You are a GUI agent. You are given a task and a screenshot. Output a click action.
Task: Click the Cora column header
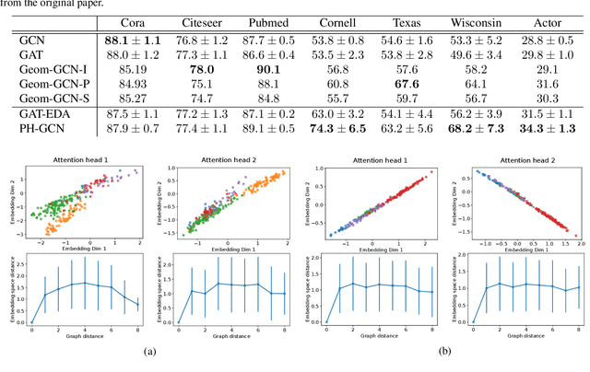(134, 21)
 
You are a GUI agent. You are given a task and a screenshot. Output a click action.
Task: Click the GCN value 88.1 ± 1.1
(134, 41)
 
